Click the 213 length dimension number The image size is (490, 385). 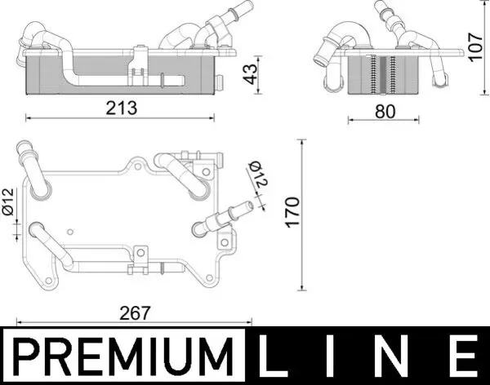point(121,108)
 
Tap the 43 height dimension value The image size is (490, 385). point(251,74)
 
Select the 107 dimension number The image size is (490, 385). point(475,46)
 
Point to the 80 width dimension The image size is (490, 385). point(385,112)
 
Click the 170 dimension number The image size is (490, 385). point(292,212)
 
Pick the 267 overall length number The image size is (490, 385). point(135,313)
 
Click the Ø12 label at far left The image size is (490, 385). point(8,201)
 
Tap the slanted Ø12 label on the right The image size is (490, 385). point(258,174)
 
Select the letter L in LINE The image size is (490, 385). point(273,355)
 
